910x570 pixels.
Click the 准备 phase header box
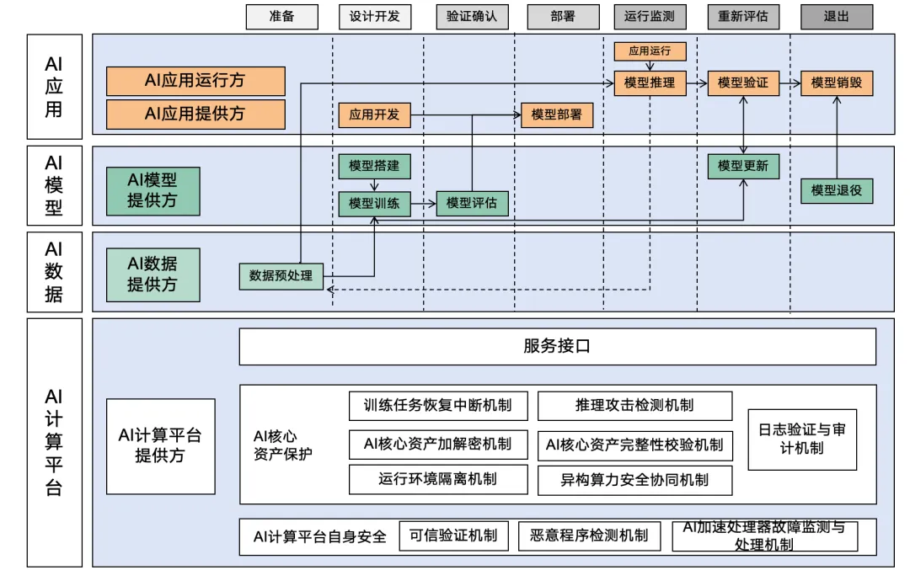point(282,17)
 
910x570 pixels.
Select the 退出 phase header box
point(836,17)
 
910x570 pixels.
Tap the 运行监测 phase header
point(650,17)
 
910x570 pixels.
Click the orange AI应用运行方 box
point(195,81)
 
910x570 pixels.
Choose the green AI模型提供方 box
point(153,191)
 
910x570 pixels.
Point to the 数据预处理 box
point(281,275)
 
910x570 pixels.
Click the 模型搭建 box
point(374,166)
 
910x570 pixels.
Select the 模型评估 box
point(472,203)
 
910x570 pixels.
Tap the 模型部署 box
point(557,115)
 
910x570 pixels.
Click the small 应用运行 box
point(650,51)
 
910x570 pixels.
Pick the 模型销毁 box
point(836,83)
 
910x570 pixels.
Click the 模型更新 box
point(743,166)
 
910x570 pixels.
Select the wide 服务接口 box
point(557,347)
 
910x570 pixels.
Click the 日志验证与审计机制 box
point(802,439)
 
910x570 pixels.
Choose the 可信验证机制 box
point(454,535)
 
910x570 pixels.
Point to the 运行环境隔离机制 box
point(437,479)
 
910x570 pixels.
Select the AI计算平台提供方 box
point(160,445)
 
